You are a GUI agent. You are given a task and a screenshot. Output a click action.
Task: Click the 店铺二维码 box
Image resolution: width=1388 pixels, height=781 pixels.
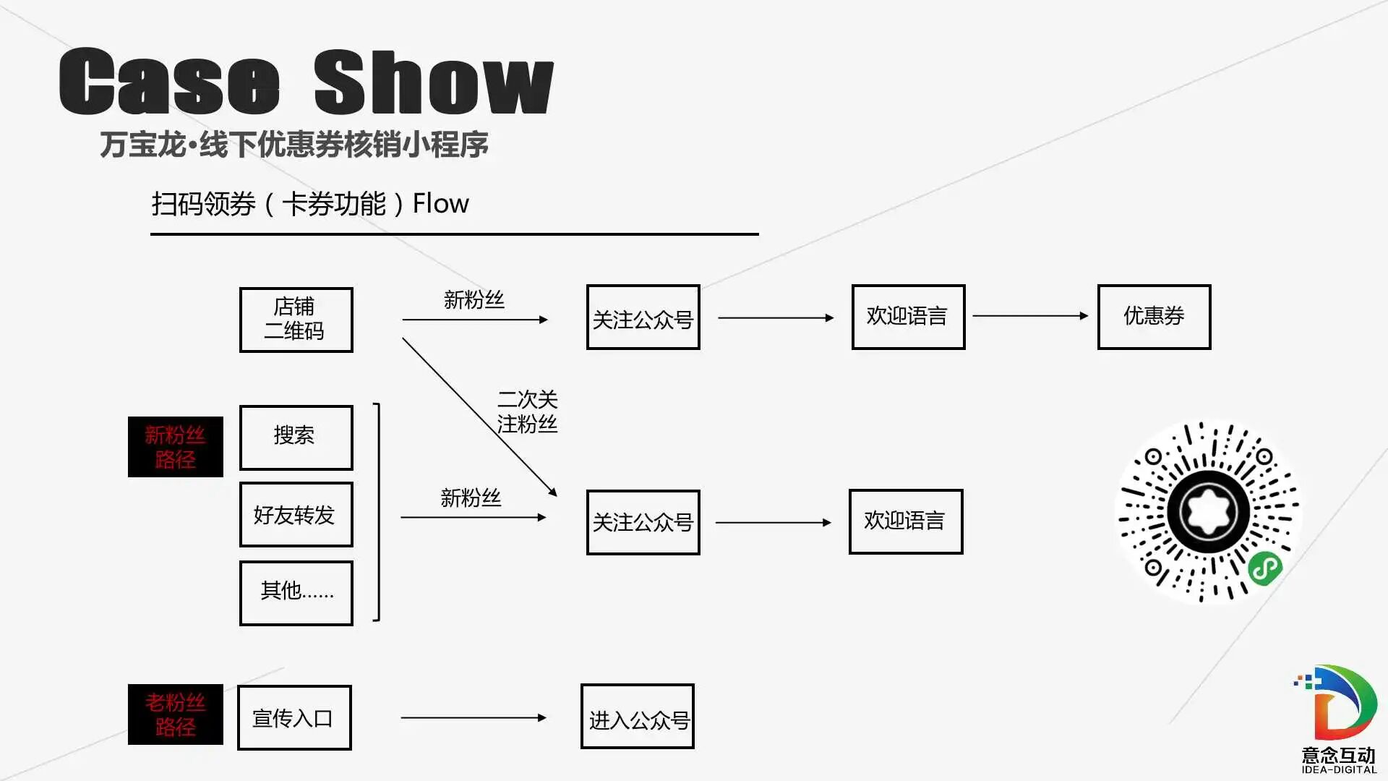click(296, 320)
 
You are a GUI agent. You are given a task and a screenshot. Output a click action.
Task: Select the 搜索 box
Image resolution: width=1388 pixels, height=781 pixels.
click(296, 438)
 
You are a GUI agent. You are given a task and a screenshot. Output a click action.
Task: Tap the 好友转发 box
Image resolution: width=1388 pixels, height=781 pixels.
click(296, 515)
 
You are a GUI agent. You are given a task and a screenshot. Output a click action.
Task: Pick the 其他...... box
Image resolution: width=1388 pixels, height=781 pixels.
click(296, 593)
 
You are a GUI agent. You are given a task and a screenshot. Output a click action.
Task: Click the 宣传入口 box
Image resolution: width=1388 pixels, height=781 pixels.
click(294, 718)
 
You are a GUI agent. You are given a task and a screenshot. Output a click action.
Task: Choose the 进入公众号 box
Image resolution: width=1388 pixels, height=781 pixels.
click(637, 717)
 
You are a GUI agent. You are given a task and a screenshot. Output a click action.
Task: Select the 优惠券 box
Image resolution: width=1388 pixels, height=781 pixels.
click(1154, 317)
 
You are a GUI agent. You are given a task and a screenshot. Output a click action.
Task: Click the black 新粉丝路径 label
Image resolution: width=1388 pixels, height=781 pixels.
click(175, 447)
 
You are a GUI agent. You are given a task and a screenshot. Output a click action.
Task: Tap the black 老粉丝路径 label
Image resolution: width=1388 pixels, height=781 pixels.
click(175, 714)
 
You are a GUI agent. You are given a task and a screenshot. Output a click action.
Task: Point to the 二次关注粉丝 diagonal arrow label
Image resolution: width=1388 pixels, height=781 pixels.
click(527, 412)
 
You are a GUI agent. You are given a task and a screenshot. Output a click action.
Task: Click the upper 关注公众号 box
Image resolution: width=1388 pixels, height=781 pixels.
click(643, 317)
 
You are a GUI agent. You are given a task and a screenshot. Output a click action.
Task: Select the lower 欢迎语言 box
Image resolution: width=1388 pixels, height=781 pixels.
click(905, 521)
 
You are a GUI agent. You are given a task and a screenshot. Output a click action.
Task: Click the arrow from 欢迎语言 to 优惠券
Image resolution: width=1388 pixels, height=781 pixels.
click(1029, 316)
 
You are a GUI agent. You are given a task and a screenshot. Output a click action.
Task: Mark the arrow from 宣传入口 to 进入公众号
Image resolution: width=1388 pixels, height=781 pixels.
click(473, 717)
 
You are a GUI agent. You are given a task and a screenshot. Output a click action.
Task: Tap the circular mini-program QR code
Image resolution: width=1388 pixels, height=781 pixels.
click(1208, 512)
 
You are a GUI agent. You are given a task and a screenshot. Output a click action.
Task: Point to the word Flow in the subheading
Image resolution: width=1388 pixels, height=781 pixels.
click(440, 204)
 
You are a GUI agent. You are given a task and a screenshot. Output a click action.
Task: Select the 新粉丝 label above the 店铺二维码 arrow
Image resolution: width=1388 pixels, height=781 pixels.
click(474, 300)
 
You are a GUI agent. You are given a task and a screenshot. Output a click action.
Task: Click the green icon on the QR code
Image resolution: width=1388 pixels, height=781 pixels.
click(1265, 568)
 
